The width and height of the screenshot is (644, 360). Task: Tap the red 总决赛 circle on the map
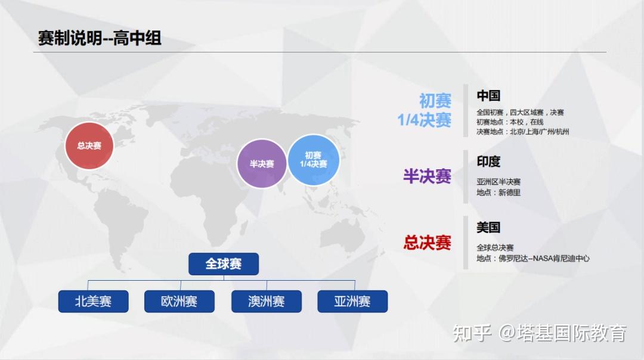[89, 145]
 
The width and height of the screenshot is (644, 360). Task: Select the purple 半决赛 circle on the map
[262, 164]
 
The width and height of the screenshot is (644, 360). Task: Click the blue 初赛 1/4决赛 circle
[313, 160]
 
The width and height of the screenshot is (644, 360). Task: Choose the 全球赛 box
[224, 264]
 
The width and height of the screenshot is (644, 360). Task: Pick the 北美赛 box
[93, 302]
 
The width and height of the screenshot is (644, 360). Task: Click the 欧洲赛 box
[179, 302]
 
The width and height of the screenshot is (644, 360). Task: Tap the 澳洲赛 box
[266, 302]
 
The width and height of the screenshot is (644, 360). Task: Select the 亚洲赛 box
[352, 302]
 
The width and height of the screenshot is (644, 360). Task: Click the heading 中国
[488, 95]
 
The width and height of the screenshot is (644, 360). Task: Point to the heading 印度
[488, 162]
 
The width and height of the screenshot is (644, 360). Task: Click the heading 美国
[488, 227]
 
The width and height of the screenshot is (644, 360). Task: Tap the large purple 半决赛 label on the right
[427, 176]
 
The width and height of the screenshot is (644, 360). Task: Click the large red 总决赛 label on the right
[427, 243]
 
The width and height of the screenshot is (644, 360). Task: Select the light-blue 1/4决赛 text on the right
[424, 120]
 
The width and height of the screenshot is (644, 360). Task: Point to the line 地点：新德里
[499, 193]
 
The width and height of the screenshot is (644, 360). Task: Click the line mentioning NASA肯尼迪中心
[532, 259]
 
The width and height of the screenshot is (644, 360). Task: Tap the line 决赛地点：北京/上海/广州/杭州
[522, 132]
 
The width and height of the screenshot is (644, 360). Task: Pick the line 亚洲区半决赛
[499, 182]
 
